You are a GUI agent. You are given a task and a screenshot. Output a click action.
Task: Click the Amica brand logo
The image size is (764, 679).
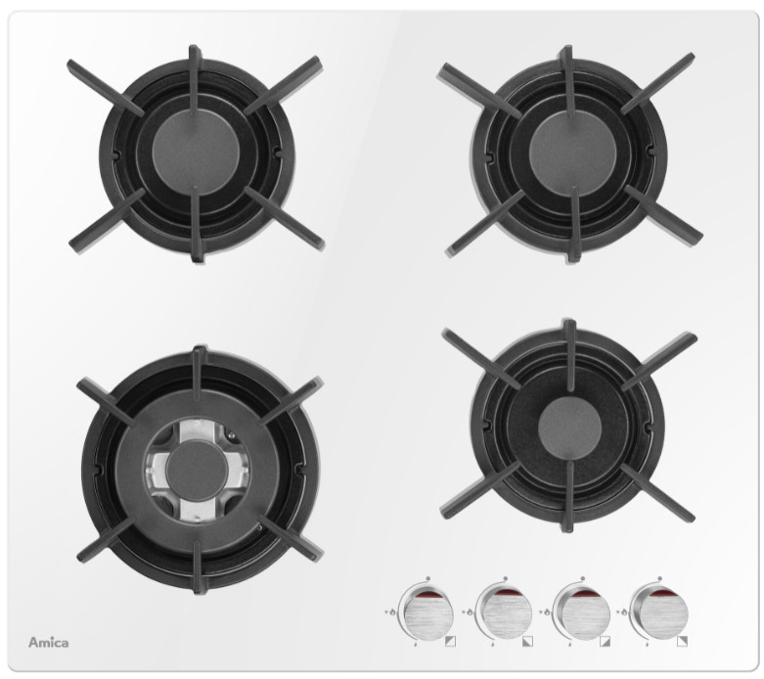[x=48, y=643]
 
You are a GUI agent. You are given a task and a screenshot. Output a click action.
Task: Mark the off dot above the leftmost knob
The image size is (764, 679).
[x=427, y=578]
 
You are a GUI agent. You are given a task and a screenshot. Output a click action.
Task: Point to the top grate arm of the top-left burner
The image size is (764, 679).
[x=195, y=80]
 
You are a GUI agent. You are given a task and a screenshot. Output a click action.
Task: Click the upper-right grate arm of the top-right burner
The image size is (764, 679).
[x=657, y=83]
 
